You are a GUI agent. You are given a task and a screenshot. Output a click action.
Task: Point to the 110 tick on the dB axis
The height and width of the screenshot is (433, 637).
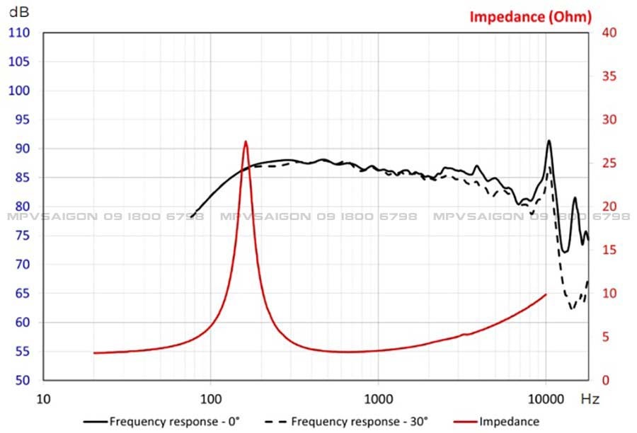click(x=19, y=33)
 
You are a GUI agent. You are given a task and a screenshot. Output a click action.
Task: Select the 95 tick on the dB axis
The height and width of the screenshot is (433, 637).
click(x=22, y=120)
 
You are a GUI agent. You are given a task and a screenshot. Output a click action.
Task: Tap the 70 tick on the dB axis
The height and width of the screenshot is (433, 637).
click(x=22, y=265)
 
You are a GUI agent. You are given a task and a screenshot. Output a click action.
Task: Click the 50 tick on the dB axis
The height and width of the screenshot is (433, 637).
click(x=22, y=381)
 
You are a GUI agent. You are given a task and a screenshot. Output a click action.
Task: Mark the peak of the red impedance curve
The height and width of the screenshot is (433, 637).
click(x=246, y=142)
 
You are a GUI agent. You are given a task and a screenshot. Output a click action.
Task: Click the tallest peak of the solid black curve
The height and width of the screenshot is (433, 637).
click(x=549, y=140)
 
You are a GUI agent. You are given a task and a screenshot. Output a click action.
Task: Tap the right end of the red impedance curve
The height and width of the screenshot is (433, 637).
click(x=546, y=294)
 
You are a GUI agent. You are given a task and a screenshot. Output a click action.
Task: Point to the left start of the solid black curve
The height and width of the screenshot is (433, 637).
click(x=191, y=216)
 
